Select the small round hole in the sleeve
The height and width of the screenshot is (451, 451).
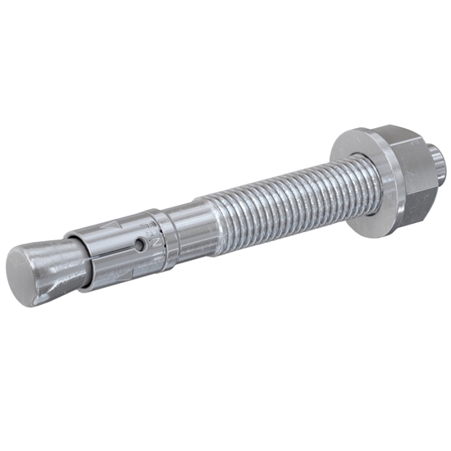coord(140,244)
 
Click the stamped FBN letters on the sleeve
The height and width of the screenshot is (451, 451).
coord(153,229)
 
